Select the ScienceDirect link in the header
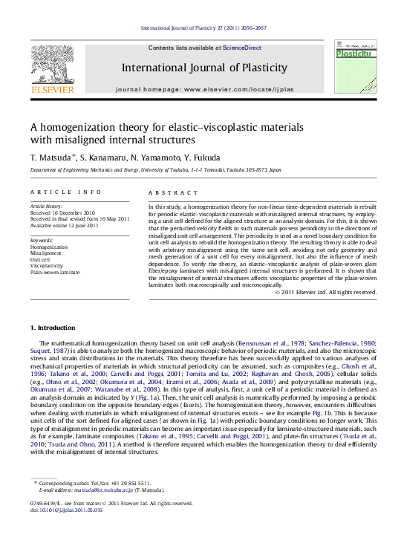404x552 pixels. pyautogui.click(x=243, y=47)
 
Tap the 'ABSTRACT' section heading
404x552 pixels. pyautogui.click(x=171, y=192)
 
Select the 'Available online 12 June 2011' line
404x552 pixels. pyautogui.click(x=64, y=225)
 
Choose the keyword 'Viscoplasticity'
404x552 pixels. pyautogui.click(x=47, y=264)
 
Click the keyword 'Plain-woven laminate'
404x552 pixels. pyautogui.click(x=54, y=272)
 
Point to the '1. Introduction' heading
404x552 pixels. pyautogui.click(x=53, y=328)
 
